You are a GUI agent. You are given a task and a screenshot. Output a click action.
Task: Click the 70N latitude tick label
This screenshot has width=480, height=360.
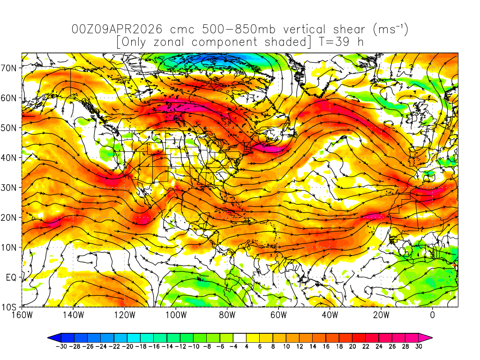[11, 67]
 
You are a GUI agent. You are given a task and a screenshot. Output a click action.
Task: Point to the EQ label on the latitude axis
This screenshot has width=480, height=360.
[12, 277]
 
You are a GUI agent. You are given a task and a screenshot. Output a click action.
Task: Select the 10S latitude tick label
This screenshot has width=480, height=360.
[11, 307]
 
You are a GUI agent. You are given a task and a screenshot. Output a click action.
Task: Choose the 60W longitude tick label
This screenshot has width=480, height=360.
[278, 315]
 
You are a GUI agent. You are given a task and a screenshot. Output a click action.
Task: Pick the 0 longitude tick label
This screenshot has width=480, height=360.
[432, 315]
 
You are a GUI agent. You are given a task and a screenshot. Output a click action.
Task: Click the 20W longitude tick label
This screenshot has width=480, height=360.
[381, 315]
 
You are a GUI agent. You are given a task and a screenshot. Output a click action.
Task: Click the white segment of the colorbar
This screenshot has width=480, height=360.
[240, 337]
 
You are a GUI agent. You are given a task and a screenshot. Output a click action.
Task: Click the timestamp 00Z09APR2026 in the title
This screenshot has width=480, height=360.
[117, 29]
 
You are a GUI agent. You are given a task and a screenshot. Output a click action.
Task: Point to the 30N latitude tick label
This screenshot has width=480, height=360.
[11, 187]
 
